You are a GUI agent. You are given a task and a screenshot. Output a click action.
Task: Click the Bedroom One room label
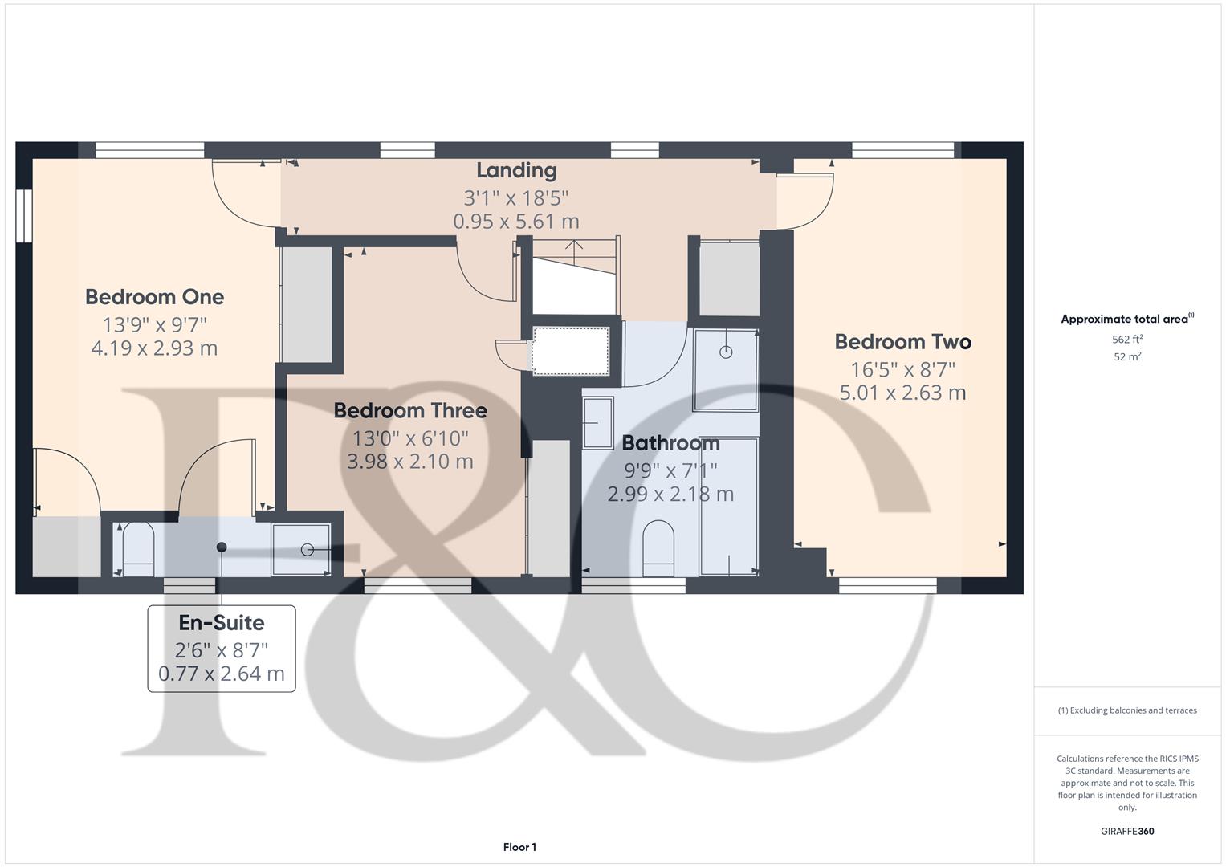pyautogui.click(x=154, y=297)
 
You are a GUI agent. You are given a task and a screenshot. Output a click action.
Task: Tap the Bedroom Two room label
pyautogui.click(x=902, y=342)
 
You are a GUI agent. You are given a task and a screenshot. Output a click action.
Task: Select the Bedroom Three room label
pyautogui.click(x=410, y=411)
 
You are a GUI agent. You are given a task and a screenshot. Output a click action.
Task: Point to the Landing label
pyautogui.click(x=516, y=170)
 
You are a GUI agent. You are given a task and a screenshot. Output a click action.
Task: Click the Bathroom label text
pyautogui.click(x=670, y=443)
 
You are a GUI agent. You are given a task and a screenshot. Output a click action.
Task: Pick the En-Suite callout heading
pyautogui.click(x=222, y=623)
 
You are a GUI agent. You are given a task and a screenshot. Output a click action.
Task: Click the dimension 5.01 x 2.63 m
pyautogui.click(x=902, y=393)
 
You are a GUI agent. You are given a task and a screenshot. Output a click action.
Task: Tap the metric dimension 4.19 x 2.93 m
pyautogui.click(x=154, y=348)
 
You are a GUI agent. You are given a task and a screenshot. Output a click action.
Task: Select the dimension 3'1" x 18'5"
pyautogui.click(x=516, y=197)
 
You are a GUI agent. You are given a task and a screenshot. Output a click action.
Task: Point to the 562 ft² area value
pyautogui.click(x=1127, y=340)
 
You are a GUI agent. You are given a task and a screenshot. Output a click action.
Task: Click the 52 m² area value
pyautogui.click(x=1127, y=357)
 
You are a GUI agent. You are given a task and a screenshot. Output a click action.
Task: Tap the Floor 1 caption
pyautogui.click(x=519, y=847)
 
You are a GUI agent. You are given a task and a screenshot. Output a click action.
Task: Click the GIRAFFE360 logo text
pyautogui.click(x=1127, y=832)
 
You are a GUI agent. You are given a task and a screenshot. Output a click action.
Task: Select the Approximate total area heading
pyautogui.click(x=1127, y=320)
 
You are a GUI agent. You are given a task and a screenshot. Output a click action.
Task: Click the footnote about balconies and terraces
pyautogui.click(x=1127, y=710)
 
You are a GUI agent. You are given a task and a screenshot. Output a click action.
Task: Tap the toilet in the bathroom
pyautogui.click(x=658, y=547)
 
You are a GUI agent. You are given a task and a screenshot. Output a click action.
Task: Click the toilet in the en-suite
pyautogui.click(x=137, y=549)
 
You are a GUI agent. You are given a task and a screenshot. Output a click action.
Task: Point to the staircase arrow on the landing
pyautogui.click(x=574, y=246)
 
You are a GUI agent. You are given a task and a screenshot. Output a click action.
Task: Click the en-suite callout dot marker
pyautogui.click(x=222, y=547)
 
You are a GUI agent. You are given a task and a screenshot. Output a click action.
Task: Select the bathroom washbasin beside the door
pyautogui.click(x=598, y=422)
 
